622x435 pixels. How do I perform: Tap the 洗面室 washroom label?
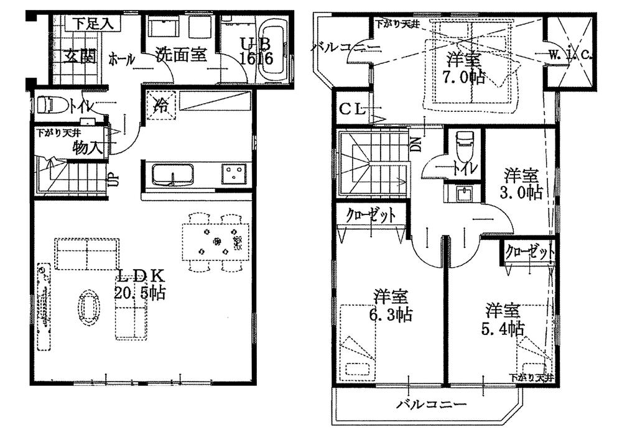(180, 55)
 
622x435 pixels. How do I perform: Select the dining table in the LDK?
(216, 240)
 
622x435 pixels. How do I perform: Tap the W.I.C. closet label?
(570, 55)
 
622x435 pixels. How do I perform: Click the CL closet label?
(352, 111)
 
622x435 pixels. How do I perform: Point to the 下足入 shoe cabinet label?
(91, 24)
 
